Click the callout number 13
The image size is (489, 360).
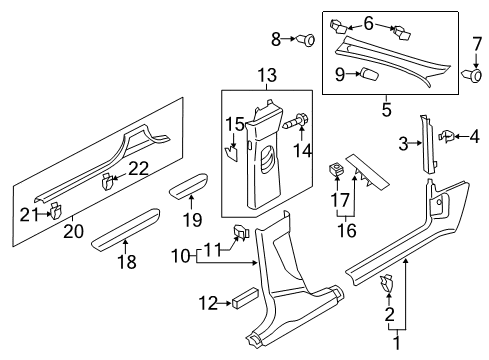(266, 75)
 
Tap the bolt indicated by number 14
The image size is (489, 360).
(297, 122)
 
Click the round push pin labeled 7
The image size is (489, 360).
(473, 76)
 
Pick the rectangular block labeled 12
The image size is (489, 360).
(246, 296)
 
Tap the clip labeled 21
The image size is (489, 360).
(55, 211)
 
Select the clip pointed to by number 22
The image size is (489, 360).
(107, 182)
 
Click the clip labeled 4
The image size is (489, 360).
(446, 136)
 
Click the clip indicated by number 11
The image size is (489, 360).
(240, 232)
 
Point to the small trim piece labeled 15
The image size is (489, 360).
(232, 154)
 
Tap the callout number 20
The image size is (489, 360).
(73, 231)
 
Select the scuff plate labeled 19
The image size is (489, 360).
(189, 186)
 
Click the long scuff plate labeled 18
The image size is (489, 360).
(126, 229)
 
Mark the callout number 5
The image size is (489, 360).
(386, 109)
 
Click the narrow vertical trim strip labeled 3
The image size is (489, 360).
(428, 145)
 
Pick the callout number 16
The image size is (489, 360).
(347, 230)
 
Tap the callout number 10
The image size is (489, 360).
(180, 257)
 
